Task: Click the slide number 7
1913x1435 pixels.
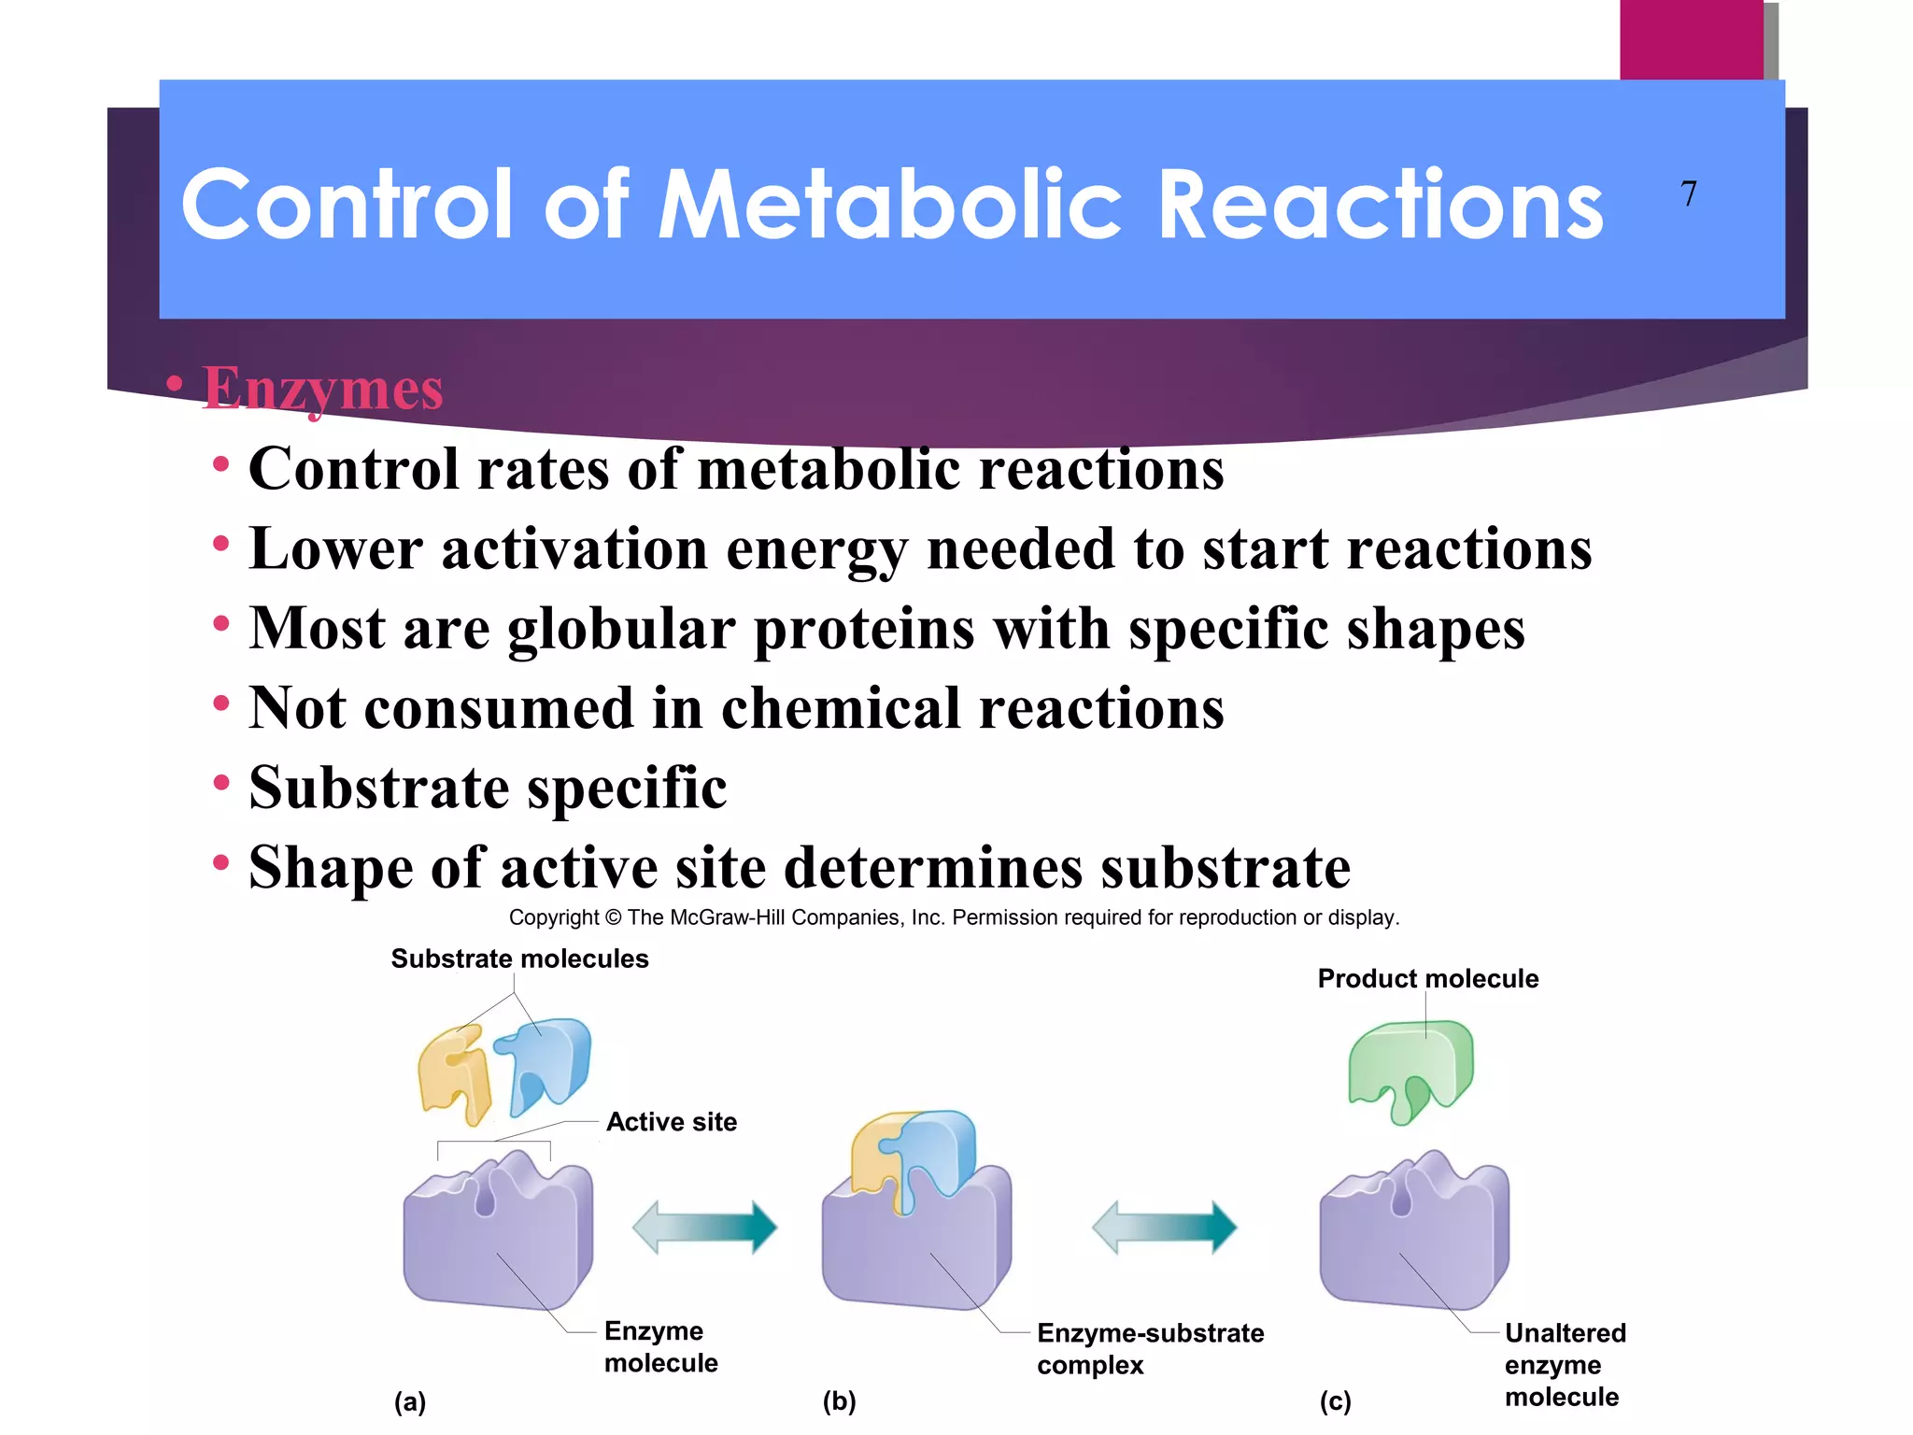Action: (1688, 193)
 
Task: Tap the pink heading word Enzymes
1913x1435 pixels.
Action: (322, 388)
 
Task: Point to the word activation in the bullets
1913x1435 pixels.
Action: (574, 548)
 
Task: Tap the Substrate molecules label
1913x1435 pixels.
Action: (519, 959)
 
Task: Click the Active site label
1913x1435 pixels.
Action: (672, 1121)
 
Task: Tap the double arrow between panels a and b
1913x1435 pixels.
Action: (704, 1227)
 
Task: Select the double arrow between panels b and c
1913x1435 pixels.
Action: (1164, 1227)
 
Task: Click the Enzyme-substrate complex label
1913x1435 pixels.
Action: (1150, 1348)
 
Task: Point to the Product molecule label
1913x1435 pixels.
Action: (1427, 978)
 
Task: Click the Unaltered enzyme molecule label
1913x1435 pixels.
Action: (1565, 1364)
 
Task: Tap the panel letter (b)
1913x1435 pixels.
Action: (839, 1400)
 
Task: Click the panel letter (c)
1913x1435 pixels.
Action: (1335, 1400)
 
